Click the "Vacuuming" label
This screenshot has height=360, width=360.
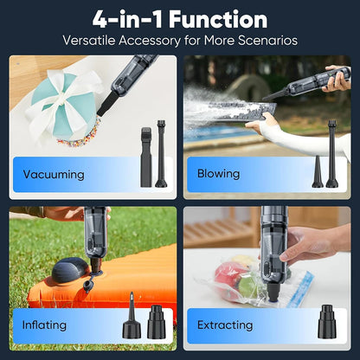pyautogui.click(x=54, y=174)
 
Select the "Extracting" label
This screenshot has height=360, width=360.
pyautogui.click(x=225, y=325)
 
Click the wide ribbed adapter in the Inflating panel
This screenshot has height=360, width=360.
pyautogui.click(x=157, y=320)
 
